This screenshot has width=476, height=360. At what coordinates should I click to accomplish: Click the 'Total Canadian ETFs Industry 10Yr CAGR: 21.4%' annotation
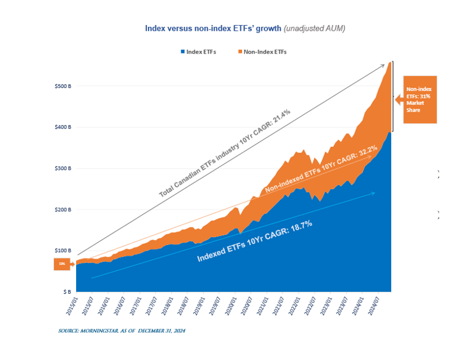[x=225, y=154]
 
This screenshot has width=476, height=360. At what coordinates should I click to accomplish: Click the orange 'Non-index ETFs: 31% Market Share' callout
[x=418, y=99]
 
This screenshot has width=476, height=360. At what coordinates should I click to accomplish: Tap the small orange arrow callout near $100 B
[x=63, y=264]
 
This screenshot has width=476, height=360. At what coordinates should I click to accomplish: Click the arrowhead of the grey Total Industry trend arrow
[x=383, y=65]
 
